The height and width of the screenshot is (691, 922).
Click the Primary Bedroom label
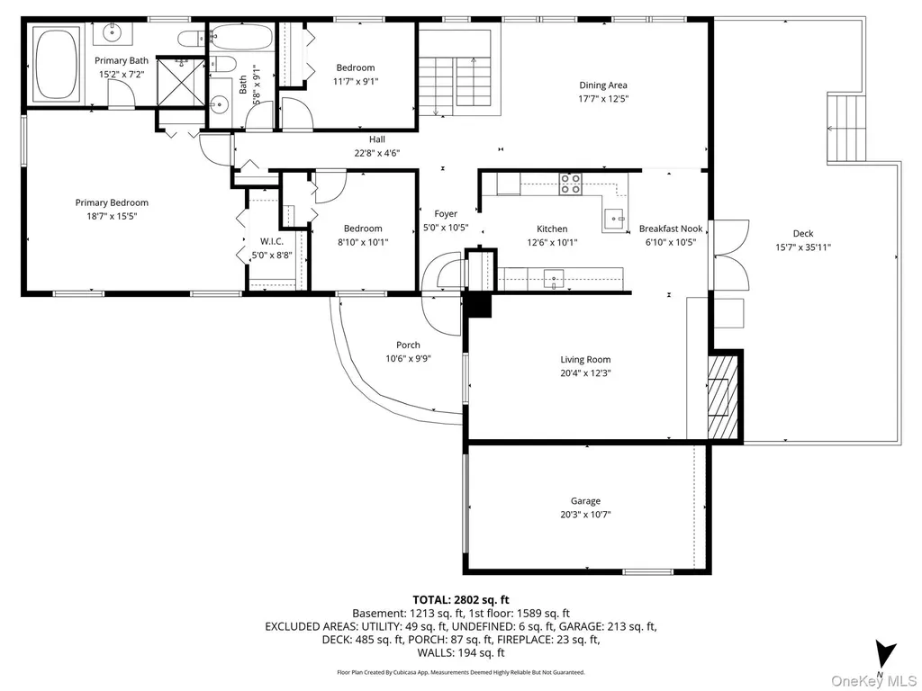tap(112, 202)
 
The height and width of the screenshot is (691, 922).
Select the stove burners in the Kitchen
tap(570, 184)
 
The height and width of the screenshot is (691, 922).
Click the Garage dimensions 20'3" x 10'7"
tap(585, 515)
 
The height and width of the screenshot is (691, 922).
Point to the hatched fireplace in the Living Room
tap(722, 397)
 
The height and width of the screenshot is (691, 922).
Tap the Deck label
tap(802, 233)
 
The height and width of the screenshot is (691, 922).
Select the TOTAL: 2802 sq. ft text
tap(461, 600)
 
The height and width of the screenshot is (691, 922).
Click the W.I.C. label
tap(272, 241)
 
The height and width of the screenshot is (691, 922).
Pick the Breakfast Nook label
tap(671, 229)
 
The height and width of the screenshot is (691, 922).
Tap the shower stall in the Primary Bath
tap(181, 82)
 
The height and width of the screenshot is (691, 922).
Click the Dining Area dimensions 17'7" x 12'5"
tap(603, 99)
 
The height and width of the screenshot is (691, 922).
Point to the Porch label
tap(408, 345)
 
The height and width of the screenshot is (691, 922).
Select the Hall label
tap(377, 139)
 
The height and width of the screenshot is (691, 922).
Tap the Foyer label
tap(446, 214)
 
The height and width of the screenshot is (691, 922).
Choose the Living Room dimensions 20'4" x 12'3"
tap(585, 373)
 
